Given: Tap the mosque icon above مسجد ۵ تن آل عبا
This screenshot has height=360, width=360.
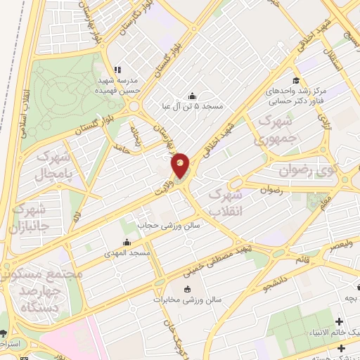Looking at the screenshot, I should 192,96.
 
